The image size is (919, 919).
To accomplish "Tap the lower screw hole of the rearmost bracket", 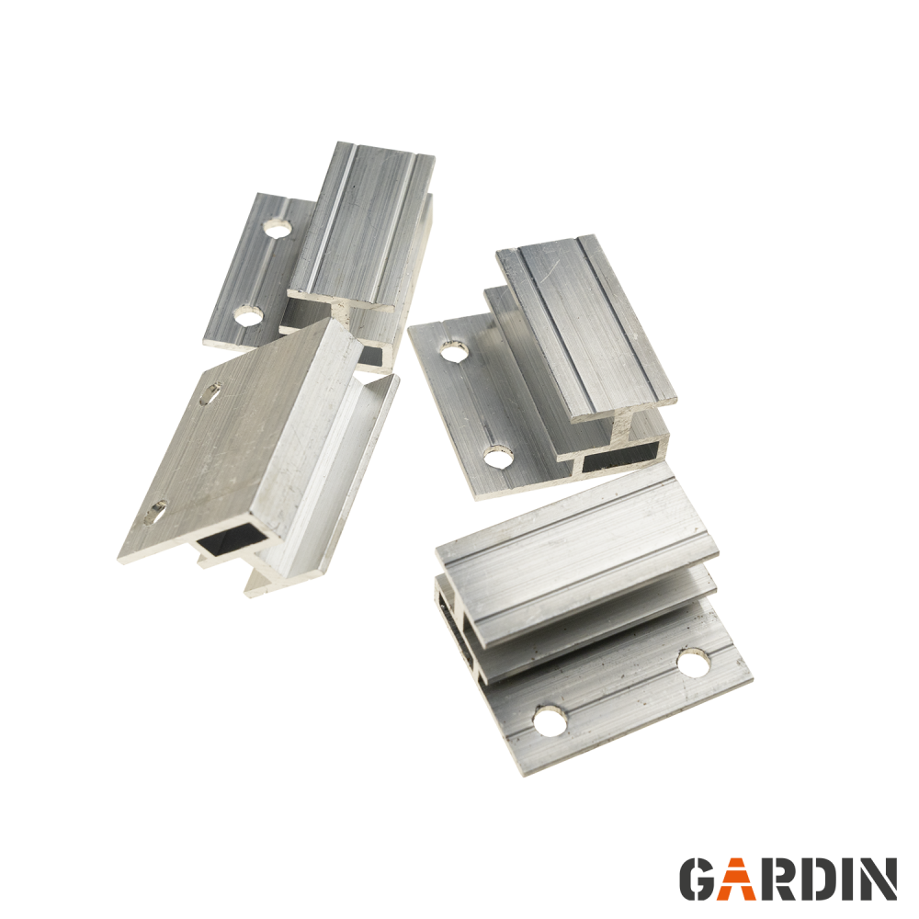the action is pos(248,316).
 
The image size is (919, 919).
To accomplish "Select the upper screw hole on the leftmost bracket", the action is pos(210,393).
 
